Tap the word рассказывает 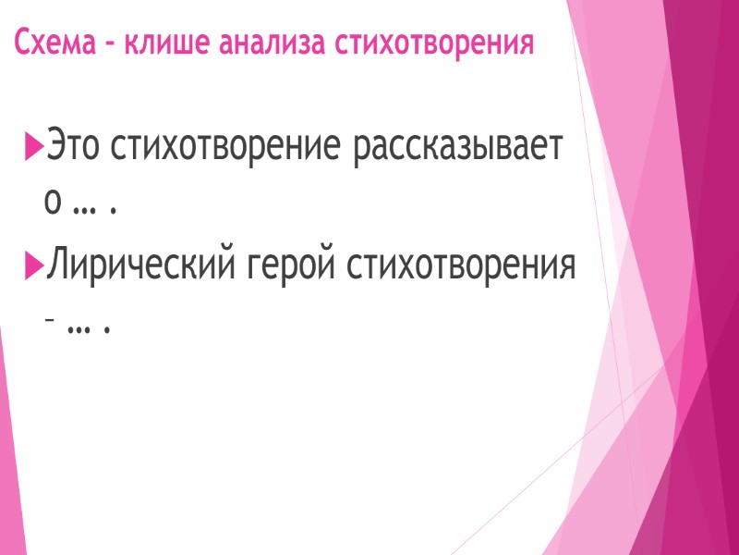coord(456,148)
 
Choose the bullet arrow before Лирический coord(34,268)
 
